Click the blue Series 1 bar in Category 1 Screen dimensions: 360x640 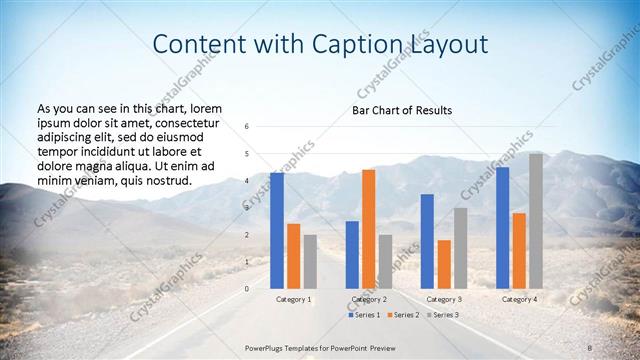coord(276,230)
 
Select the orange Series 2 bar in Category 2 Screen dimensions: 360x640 coord(369,228)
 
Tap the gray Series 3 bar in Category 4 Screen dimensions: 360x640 coord(536,220)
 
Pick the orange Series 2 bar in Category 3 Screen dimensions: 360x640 coord(444,264)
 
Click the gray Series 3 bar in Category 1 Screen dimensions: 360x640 coord(310,261)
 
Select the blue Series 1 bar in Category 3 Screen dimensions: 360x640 coord(427,241)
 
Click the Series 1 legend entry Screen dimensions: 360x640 coord(365,315)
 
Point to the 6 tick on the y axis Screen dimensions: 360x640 coord(247,127)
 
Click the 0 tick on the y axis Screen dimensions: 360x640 coord(247,288)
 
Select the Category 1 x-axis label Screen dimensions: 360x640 coord(293,299)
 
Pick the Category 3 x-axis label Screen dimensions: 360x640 coord(444,299)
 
